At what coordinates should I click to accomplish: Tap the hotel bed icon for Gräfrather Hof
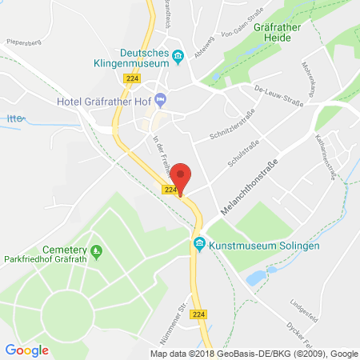(x=160, y=100)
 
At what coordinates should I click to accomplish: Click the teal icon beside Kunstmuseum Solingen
(x=198, y=245)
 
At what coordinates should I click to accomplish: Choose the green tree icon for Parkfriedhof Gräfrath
(x=97, y=254)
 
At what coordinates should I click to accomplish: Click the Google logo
(x=27, y=350)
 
